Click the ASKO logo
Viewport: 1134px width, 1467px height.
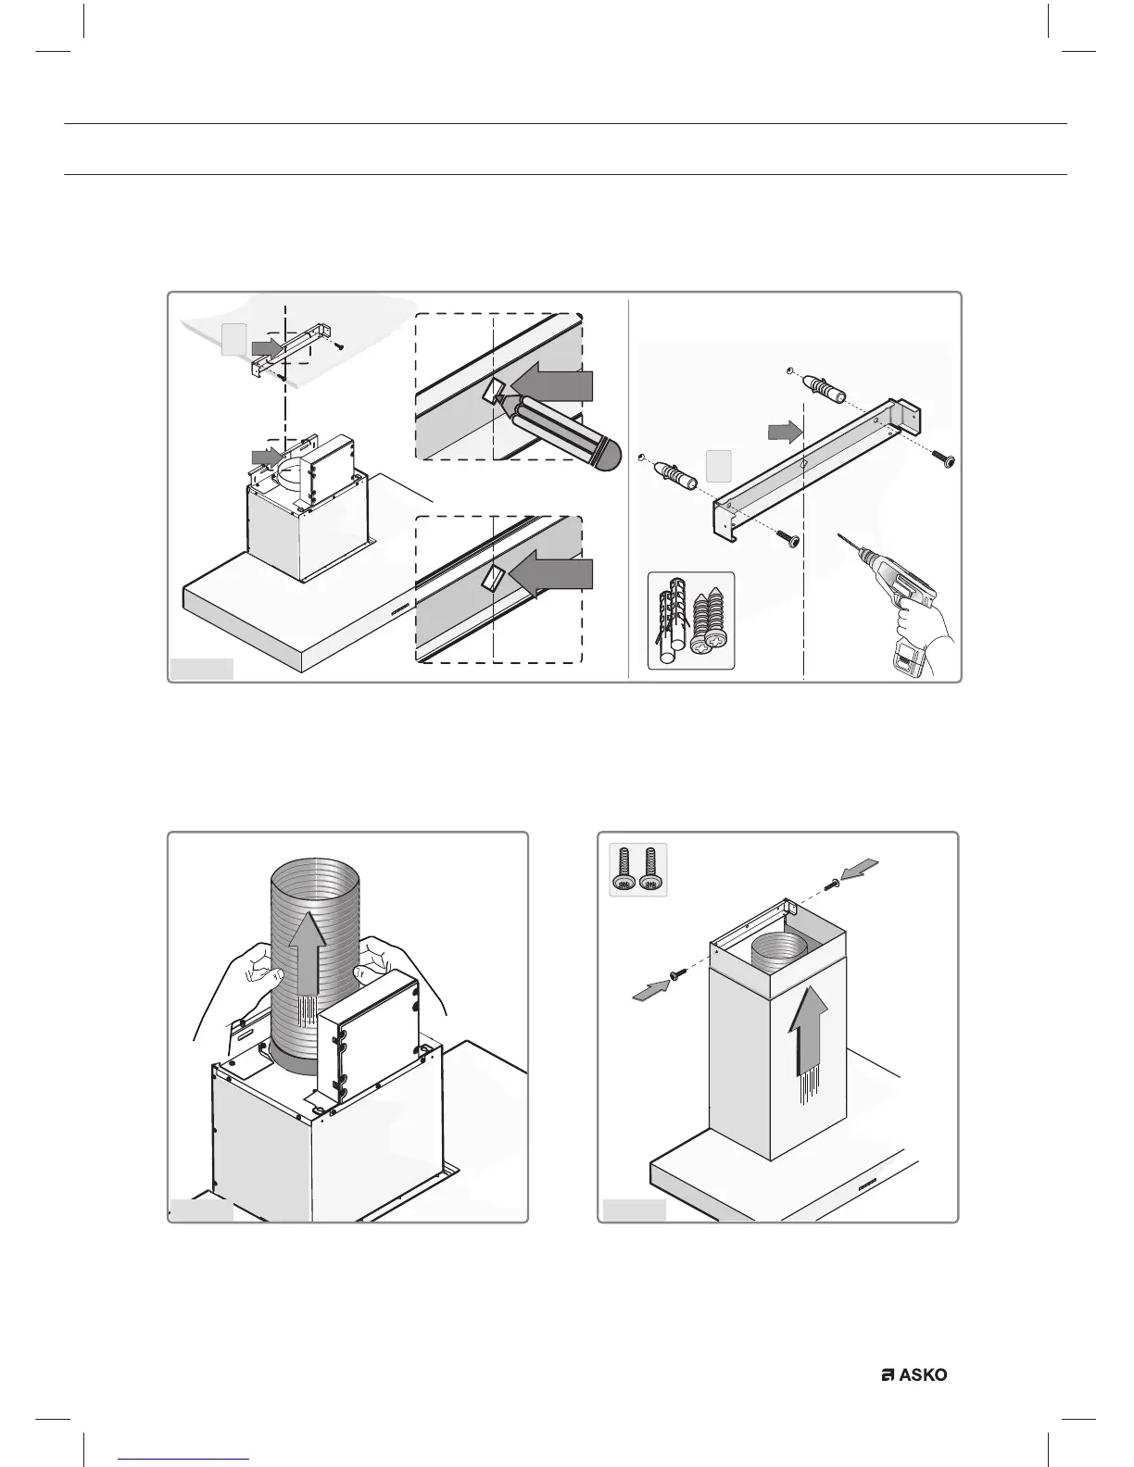pos(913,1375)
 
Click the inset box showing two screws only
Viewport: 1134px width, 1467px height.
pos(637,871)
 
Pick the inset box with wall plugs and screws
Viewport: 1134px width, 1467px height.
pos(690,620)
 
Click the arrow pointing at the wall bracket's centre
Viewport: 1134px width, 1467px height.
pos(784,430)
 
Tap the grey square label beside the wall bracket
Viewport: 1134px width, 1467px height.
pos(720,465)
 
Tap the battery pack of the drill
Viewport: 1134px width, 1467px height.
pos(905,662)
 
